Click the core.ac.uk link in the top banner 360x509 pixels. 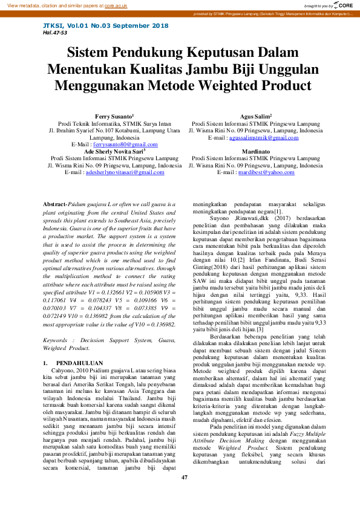click(x=116, y=5)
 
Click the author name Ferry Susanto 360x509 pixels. click(x=114, y=115)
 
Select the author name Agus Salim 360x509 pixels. click(x=255, y=115)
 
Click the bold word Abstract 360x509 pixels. click(x=56, y=205)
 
